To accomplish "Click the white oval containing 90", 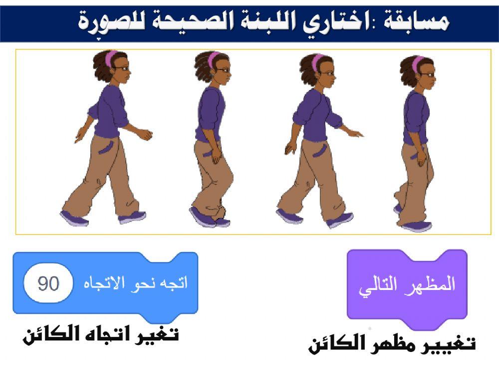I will coord(49,283).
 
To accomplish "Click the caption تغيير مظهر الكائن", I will coord(392,344).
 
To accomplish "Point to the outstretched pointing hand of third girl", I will coord(356,133).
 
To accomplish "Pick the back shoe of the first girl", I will coord(73,217).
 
